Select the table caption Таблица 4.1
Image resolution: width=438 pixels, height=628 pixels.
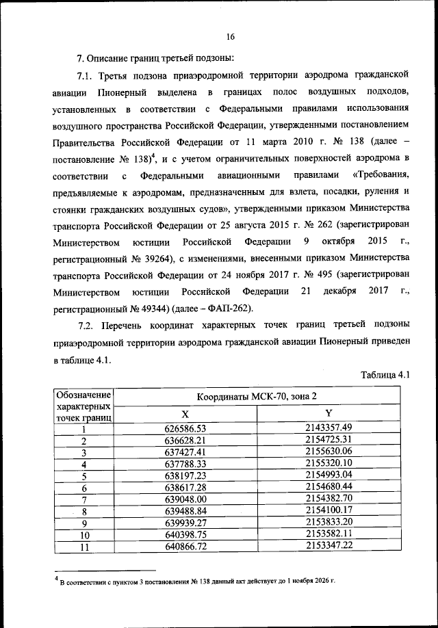coord(384,374)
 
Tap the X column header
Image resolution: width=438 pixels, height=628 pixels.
coord(185,414)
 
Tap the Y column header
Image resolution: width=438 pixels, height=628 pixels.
coord(328,413)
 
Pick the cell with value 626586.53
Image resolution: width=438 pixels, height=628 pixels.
coord(185,428)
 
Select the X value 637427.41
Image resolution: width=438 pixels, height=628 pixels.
coord(185,452)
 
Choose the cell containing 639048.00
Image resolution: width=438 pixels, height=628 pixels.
coord(185,500)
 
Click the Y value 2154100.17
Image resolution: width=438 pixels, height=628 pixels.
coord(328,511)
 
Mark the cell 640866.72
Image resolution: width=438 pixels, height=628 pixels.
coord(185,547)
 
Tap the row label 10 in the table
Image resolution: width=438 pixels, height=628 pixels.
coord(84,536)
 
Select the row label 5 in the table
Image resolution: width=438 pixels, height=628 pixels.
coord(84,476)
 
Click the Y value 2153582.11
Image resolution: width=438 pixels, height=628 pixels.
coord(328,535)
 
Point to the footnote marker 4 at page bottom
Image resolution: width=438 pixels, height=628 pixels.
coord(57,580)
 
